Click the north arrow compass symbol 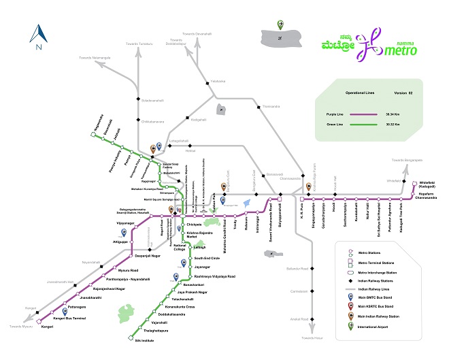pos(39,37)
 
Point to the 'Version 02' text pos(403,92)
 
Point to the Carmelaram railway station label pos(300,291)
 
